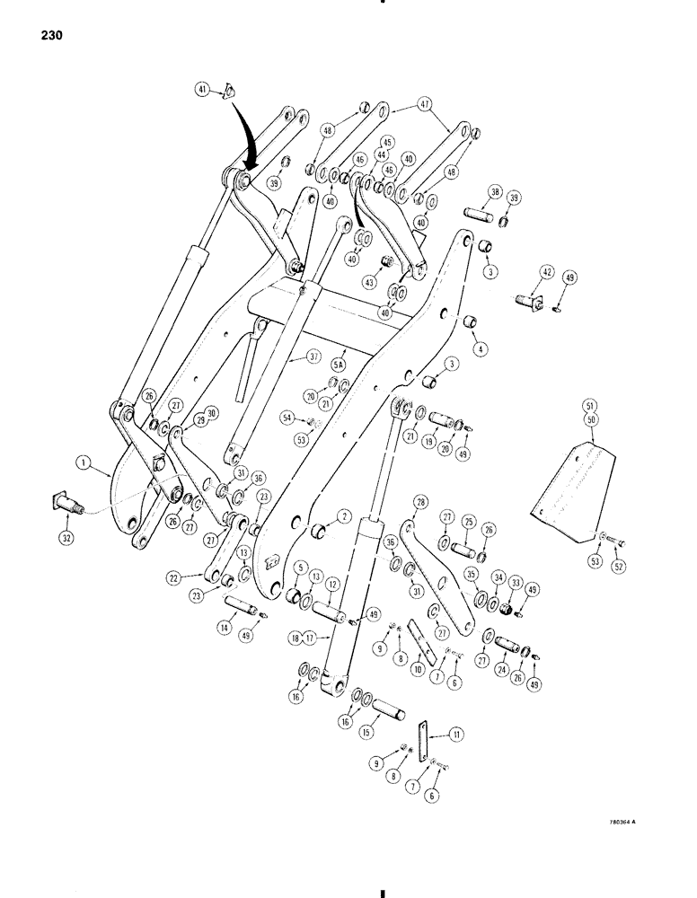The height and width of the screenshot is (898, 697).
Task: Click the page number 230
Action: [51, 37]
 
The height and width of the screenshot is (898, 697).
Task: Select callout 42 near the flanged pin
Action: [523, 272]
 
